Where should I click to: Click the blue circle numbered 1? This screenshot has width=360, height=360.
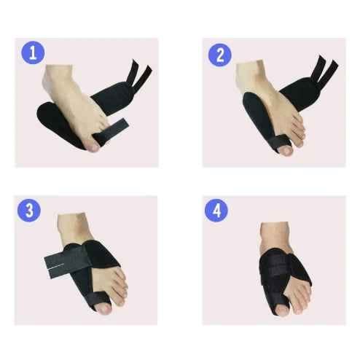pyautogui.click(x=33, y=52)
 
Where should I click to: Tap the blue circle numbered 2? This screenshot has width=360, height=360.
pyautogui.click(x=220, y=55)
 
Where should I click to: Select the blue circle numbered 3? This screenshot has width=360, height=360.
pyautogui.click(x=29, y=211)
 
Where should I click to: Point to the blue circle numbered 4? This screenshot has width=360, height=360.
pyautogui.click(x=216, y=211)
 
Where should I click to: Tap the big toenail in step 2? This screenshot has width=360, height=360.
pyautogui.click(x=286, y=151)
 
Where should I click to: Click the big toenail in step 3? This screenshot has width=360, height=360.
pyautogui.click(x=104, y=309)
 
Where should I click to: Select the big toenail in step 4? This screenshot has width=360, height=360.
pyautogui.click(x=282, y=311)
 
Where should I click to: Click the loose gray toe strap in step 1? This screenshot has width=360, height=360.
pyautogui.click(x=111, y=131)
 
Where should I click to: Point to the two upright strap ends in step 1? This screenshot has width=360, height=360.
pyautogui.click(x=139, y=74)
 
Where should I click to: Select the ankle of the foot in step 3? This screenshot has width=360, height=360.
pyautogui.click(x=73, y=228)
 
